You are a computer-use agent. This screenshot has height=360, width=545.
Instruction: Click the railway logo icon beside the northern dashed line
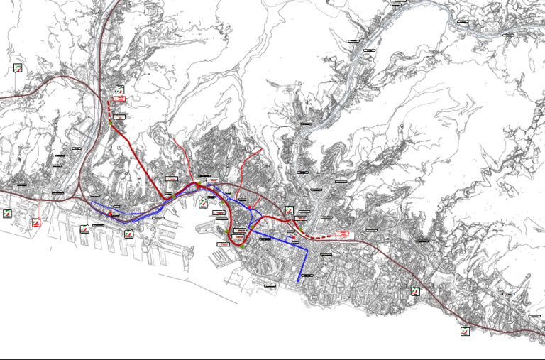pos(120,89)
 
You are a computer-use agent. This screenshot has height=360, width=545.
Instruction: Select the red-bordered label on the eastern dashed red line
pos(342,232)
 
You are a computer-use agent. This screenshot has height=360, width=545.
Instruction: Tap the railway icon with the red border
pos(36,222)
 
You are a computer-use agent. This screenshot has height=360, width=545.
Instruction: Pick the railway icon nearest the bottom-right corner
pos(465,330)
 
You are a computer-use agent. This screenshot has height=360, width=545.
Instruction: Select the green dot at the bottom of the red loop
pos(241,247)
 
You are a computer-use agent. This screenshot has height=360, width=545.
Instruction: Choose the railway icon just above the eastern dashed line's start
pos(289,210)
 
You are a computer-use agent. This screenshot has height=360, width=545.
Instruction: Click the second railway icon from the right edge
pos(415,290)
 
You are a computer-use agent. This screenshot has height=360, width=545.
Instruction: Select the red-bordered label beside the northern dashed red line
pos(119,99)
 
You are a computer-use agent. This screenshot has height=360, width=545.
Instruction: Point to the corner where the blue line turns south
pos(306,249)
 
